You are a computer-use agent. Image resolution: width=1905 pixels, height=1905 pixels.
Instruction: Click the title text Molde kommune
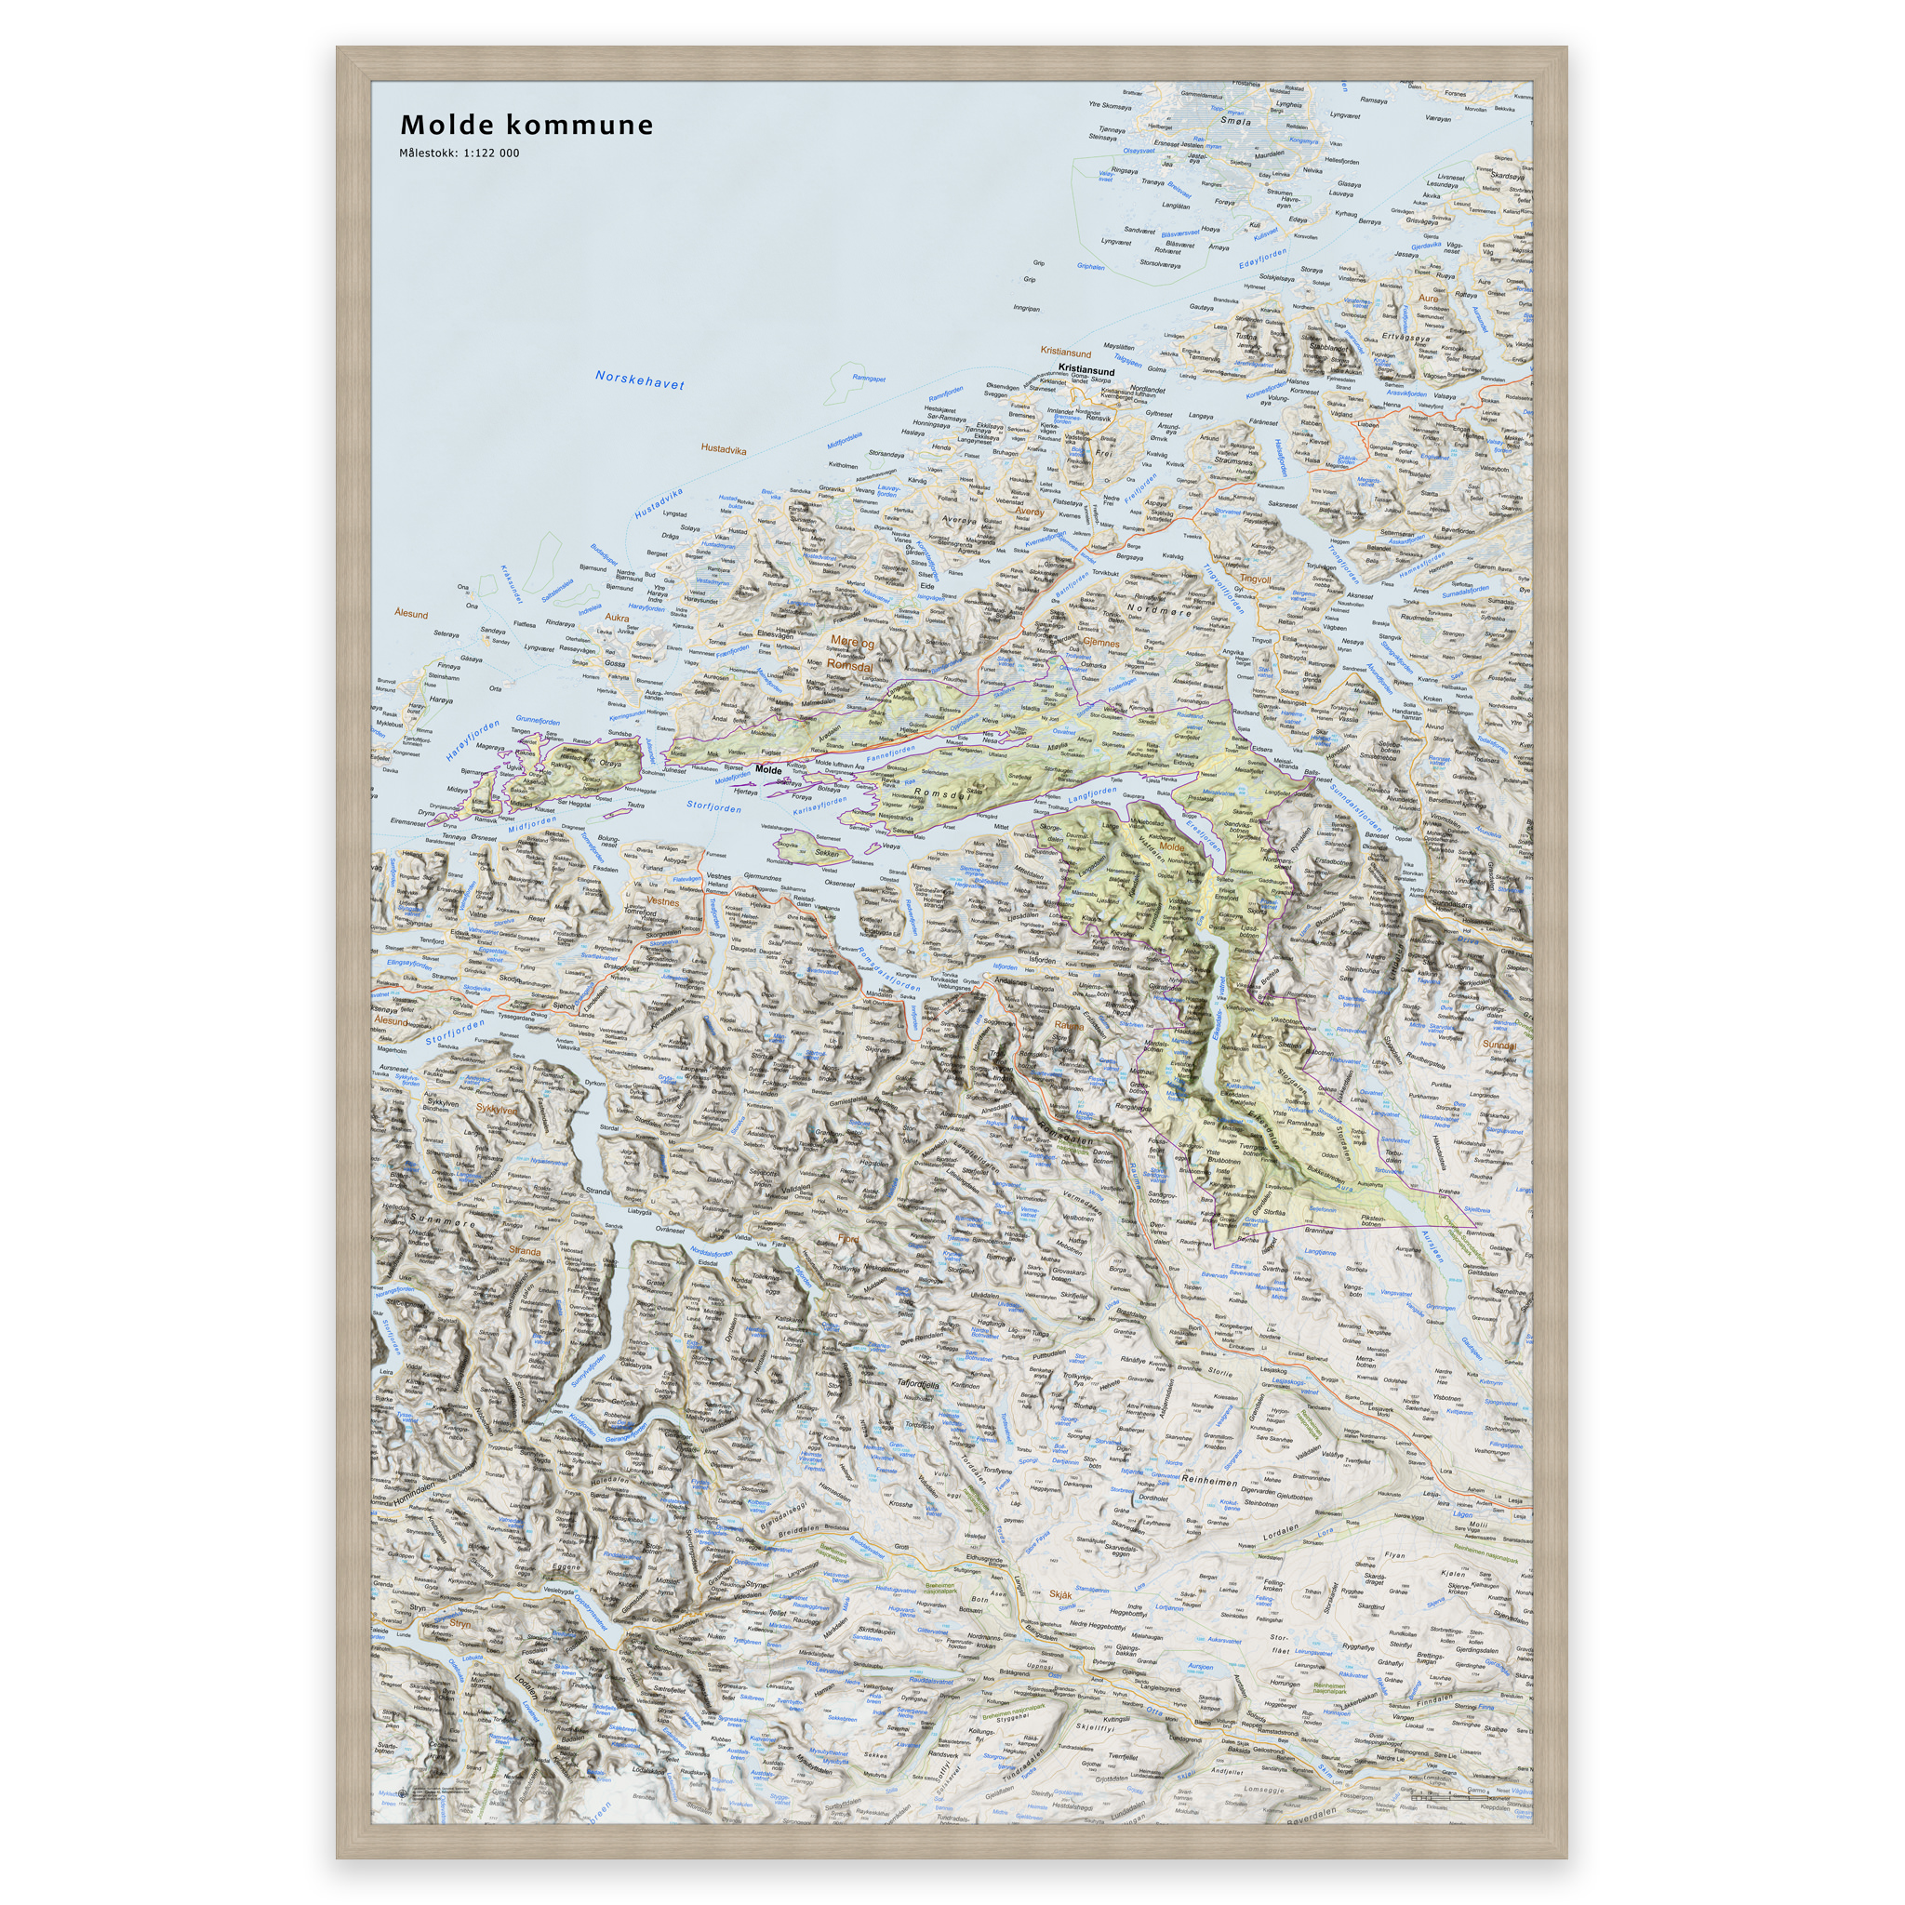526,126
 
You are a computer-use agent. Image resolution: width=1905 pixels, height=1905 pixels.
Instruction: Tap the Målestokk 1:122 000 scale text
459,153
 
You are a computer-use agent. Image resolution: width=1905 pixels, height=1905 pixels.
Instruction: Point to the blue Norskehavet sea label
639,380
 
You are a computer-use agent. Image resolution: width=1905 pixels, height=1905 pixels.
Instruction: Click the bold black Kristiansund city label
1086,371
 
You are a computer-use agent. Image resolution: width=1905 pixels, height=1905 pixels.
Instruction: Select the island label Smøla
1235,122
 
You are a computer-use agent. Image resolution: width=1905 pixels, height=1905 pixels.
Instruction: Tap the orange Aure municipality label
1428,298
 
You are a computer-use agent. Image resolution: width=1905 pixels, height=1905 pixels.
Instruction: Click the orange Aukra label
617,619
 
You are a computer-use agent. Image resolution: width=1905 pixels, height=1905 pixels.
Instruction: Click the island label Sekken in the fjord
826,853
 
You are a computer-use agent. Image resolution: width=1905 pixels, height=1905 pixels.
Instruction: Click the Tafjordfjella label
918,1385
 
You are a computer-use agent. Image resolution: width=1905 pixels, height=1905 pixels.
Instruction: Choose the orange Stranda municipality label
524,1251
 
